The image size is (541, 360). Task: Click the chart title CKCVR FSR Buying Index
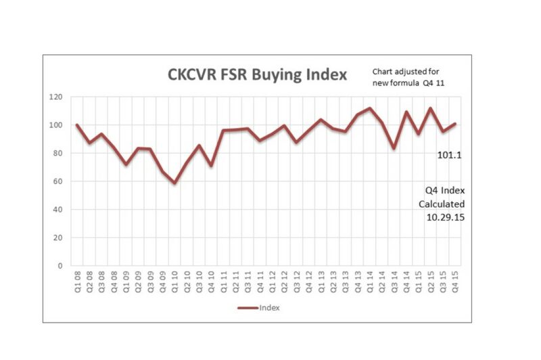[257, 74]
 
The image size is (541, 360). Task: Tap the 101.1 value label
[449, 155]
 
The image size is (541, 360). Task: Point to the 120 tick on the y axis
[56, 97]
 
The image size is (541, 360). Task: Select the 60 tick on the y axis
[59, 181]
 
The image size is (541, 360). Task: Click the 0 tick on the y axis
[61, 266]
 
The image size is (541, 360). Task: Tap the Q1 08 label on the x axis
[77, 279]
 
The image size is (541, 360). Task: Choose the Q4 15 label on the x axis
[454, 279]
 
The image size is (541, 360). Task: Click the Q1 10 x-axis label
[174, 279]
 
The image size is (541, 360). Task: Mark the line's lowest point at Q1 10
[174, 183]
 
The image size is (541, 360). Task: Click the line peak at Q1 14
[369, 108]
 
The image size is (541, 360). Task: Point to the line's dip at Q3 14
[394, 148]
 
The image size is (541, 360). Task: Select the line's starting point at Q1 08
[77, 125]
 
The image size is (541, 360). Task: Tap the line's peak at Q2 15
[430, 108]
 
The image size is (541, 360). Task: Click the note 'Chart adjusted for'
[406, 71]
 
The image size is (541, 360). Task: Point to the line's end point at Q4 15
[454, 124]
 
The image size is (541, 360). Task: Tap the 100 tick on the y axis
[56, 125]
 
